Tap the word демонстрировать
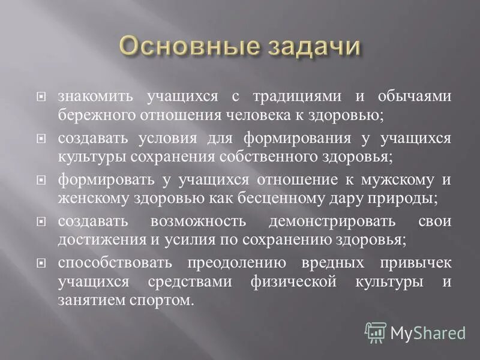pos(332,221)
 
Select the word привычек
pos(416,263)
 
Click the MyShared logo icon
pos(375,332)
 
